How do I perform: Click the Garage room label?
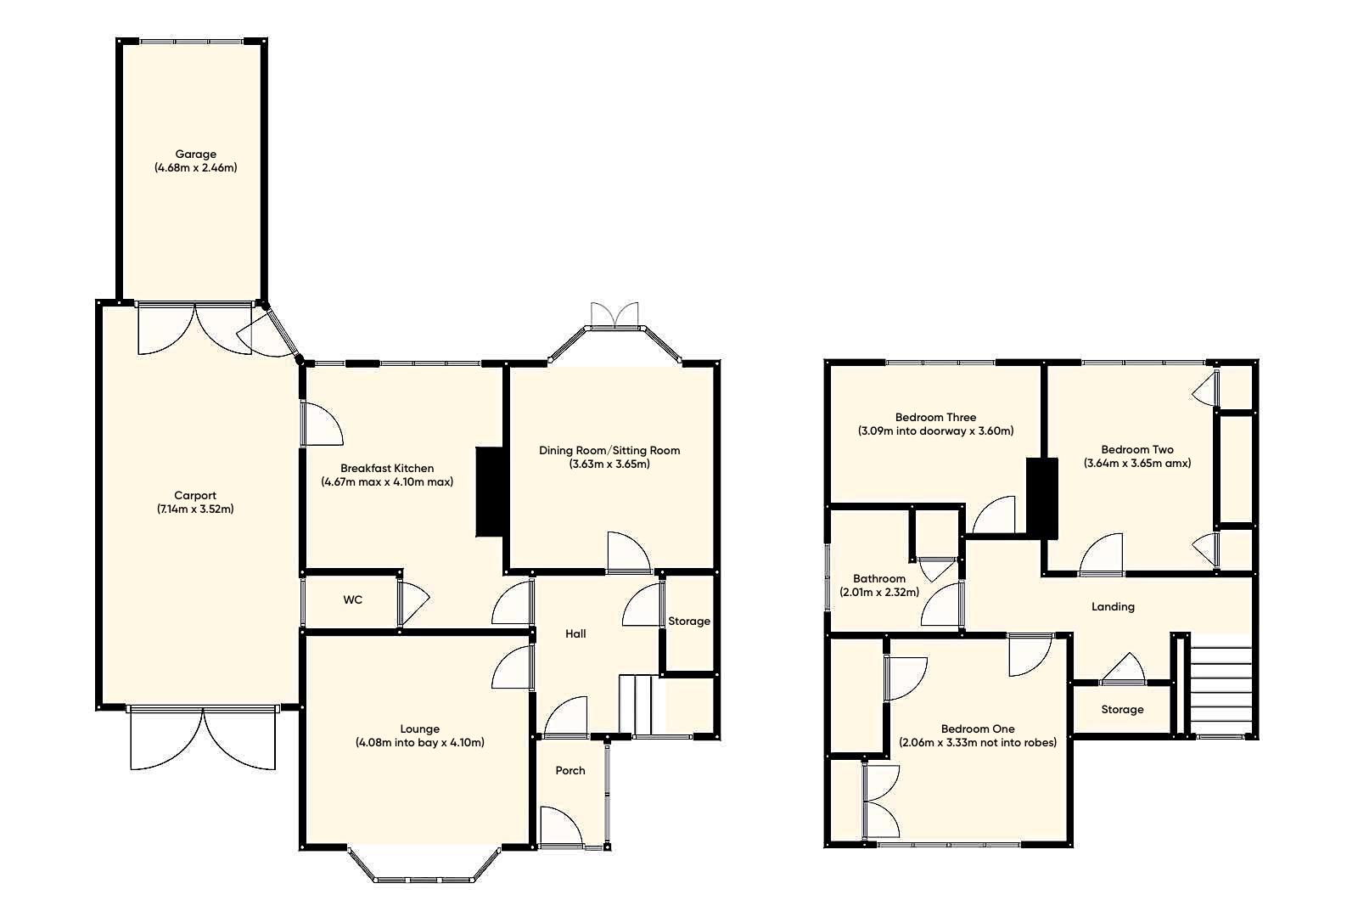(x=195, y=154)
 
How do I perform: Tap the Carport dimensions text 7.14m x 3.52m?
(x=195, y=509)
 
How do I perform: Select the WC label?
(x=353, y=600)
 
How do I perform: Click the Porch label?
(x=570, y=771)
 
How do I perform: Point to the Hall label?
(x=575, y=634)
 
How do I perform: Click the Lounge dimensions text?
(x=420, y=743)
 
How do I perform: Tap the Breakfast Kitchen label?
(x=387, y=468)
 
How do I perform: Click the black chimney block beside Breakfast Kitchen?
(x=490, y=492)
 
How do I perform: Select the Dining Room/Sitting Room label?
(x=609, y=450)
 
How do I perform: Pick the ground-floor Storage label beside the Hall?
(x=688, y=622)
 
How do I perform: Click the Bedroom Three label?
(x=935, y=417)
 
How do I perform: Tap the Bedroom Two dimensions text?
(x=1137, y=464)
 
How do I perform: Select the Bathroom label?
(x=879, y=578)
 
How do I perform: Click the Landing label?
(x=1113, y=606)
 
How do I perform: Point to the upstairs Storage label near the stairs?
(x=1122, y=710)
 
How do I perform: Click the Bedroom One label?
(x=978, y=729)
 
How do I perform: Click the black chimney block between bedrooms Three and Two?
(x=1042, y=498)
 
